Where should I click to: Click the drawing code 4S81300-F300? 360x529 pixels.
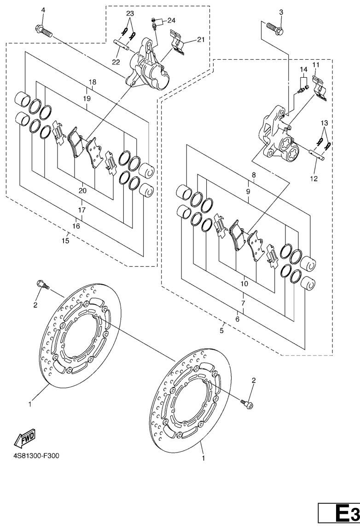[36, 456]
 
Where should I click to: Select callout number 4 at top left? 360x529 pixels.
[43, 11]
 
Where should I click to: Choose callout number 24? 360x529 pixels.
[171, 21]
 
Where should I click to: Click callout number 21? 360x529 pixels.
[201, 40]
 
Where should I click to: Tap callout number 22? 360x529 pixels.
[116, 62]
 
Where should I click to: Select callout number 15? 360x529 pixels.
[65, 241]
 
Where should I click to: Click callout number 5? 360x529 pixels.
[221, 331]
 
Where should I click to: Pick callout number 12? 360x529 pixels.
[314, 178]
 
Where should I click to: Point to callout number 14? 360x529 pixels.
[303, 69]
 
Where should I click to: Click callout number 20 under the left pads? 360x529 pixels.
[82, 190]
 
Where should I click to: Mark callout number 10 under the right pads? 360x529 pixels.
[244, 284]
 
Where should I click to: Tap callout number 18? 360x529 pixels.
[93, 82]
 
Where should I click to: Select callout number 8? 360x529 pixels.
[254, 175]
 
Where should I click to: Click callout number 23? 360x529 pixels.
[130, 14]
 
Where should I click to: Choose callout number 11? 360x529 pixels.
[316, 64]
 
